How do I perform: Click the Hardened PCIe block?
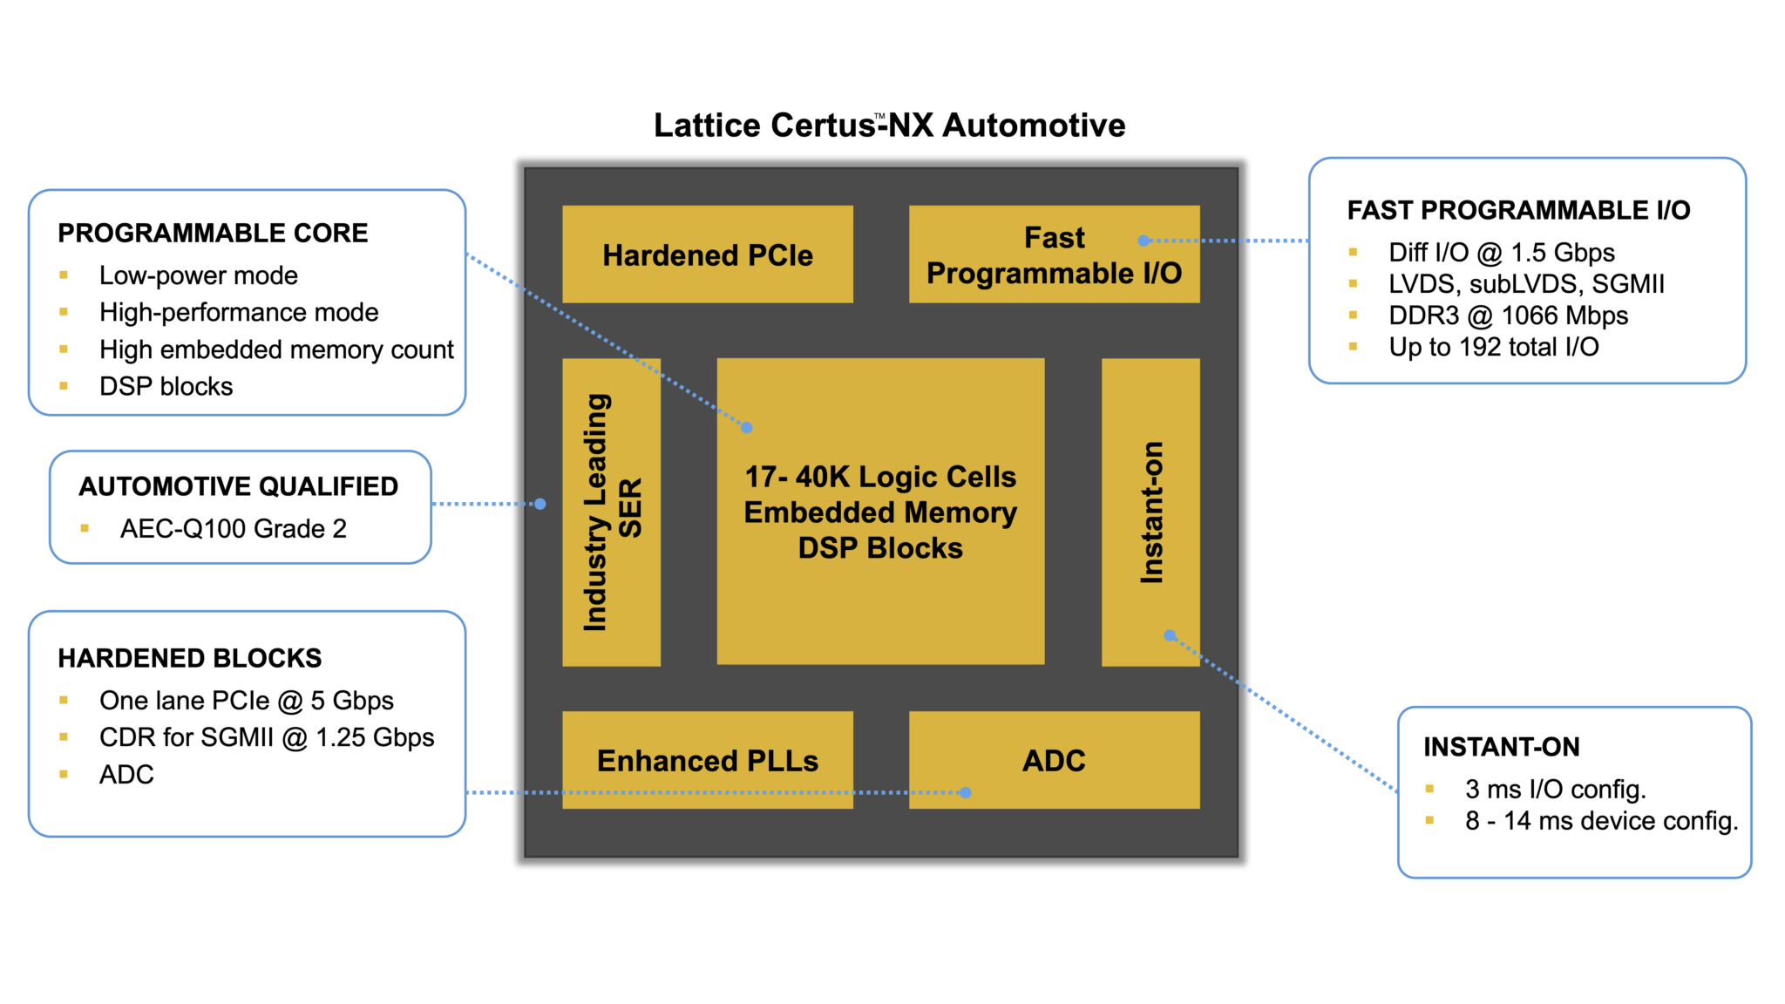(707, 254)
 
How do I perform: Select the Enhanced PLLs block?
(707, 760)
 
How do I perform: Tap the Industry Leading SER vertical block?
(611, 512)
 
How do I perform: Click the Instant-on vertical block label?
(1151, 512)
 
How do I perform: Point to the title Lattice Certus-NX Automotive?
(889, 125)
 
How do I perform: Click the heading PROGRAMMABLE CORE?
(213, 233)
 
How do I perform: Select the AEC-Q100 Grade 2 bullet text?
(233, 528)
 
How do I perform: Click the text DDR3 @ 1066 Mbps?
(1508, 315)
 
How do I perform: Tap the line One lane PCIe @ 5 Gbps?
(246, 700)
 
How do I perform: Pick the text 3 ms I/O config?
(1555, 789)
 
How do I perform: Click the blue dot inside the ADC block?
(965, 792)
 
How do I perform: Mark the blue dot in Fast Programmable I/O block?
(1144, 241)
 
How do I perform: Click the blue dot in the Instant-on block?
(1170, 635)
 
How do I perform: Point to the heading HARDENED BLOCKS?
(189, 658)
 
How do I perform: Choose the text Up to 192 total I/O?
(1493, 347)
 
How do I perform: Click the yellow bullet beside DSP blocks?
(64, 385)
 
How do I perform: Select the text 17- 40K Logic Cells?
(880, 477)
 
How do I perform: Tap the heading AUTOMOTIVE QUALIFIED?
(238, 486)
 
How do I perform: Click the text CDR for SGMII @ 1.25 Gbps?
(266, 737)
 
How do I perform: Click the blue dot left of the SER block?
(540, 504)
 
